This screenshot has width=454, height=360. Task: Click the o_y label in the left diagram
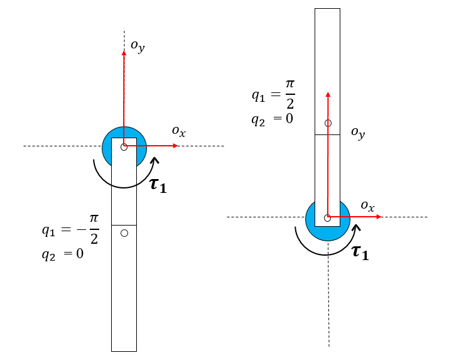click(138, 46)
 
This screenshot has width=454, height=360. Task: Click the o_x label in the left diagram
click(178, 131)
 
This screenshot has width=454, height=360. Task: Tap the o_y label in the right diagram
click(358, 133)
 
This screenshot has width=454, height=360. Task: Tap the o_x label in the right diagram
click(367, 206)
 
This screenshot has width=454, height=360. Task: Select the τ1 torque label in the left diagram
click(158, 185)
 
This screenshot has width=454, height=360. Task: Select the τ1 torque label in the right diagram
click(360, 253)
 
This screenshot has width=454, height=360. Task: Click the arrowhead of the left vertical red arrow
click(124, 53)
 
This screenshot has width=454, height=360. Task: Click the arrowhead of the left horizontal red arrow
click(175, 146)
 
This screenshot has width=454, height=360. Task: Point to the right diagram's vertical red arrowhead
click(328, 94)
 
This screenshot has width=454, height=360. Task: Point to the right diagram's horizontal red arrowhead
click(379, 217)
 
